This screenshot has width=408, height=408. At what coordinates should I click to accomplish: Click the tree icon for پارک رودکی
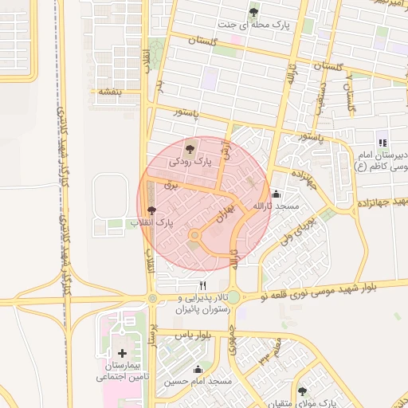[x=190, y=148]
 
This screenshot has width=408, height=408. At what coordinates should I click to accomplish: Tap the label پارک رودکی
[x=191, y=162]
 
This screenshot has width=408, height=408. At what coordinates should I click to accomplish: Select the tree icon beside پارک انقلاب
[x=152, y=210]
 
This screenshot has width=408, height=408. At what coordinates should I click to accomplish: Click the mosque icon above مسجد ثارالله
[x=277, y=193]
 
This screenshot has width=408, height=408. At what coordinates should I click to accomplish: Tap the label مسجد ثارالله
[x=276, y=206]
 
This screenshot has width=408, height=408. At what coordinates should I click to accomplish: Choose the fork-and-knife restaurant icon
[x=203, y=285]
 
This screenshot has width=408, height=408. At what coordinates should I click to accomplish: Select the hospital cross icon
[x=122, y=353]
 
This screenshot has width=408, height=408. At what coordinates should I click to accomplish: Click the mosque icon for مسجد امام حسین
[x=198, y=369]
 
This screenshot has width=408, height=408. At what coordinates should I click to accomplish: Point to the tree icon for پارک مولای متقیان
[x=302, y=390]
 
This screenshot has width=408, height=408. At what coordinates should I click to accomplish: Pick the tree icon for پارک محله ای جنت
[x=253, y=12]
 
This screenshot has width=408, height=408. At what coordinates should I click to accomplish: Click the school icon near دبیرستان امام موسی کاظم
[x=382, y=143]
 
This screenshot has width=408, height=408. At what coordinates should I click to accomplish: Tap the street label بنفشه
[x=109, y=92]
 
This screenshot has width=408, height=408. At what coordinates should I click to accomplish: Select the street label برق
[x=169, y=184]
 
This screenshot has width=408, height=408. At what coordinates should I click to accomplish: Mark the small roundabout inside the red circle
[x=194, y=235]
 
